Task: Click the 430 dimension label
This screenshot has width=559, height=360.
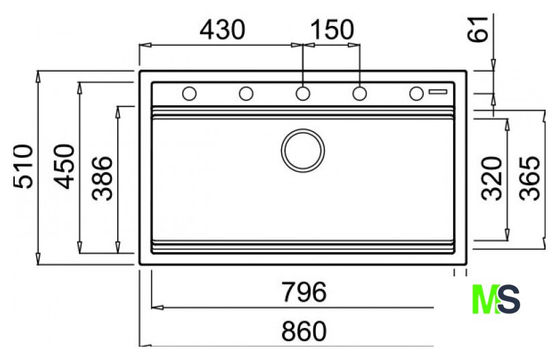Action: click(x=222, y=29)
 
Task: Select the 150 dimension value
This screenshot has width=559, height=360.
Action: click(x=332, y=29)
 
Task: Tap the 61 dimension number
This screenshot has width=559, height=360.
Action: click(x=477, y=29)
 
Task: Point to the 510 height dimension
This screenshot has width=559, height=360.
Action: click(x=23, y=166)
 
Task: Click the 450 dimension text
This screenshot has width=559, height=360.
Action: click(x=64, y=166)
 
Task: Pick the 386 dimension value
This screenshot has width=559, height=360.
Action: click(x=102, y=178)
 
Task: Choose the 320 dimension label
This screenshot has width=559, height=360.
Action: click(x=491, y=178)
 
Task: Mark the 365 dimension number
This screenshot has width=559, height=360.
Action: click(x=530, y=178)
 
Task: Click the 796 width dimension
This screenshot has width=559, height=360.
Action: click(x=304, y=292)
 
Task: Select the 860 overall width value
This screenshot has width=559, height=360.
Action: click(x=304, y=331)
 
